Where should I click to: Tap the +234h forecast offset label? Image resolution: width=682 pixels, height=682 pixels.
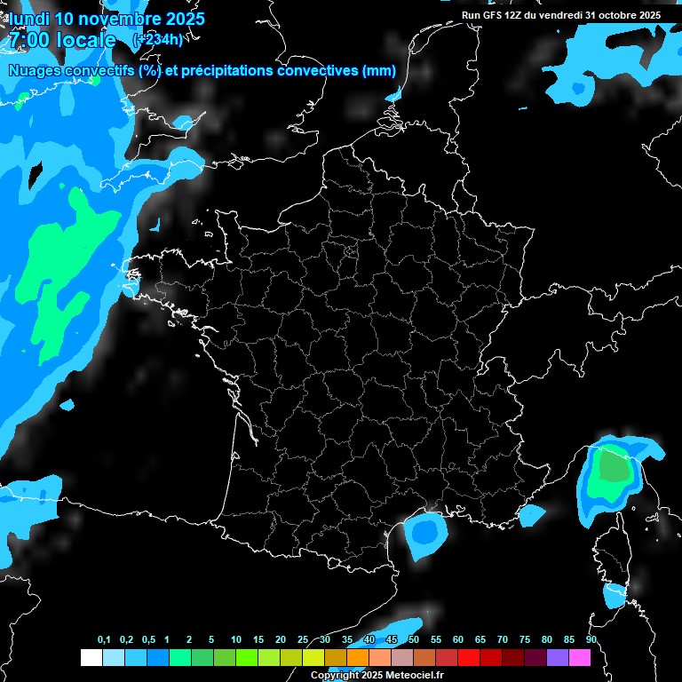[157, 39]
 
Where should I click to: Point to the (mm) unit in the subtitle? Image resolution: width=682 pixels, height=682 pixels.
[379, 71]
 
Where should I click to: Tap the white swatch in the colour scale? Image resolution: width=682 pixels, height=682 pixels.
[91, 658]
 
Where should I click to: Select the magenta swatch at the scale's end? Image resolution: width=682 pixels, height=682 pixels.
[580, 658]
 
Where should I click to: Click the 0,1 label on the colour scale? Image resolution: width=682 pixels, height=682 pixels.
[104, 640]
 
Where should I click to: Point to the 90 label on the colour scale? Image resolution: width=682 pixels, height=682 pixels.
[591, 640]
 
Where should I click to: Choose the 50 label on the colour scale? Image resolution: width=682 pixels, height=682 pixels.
[414, 640]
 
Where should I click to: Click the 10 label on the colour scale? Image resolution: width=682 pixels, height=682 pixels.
[235, 640]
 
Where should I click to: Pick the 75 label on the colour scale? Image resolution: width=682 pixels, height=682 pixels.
[524, 640]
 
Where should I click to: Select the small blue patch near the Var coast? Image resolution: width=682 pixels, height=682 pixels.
[531, 513]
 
